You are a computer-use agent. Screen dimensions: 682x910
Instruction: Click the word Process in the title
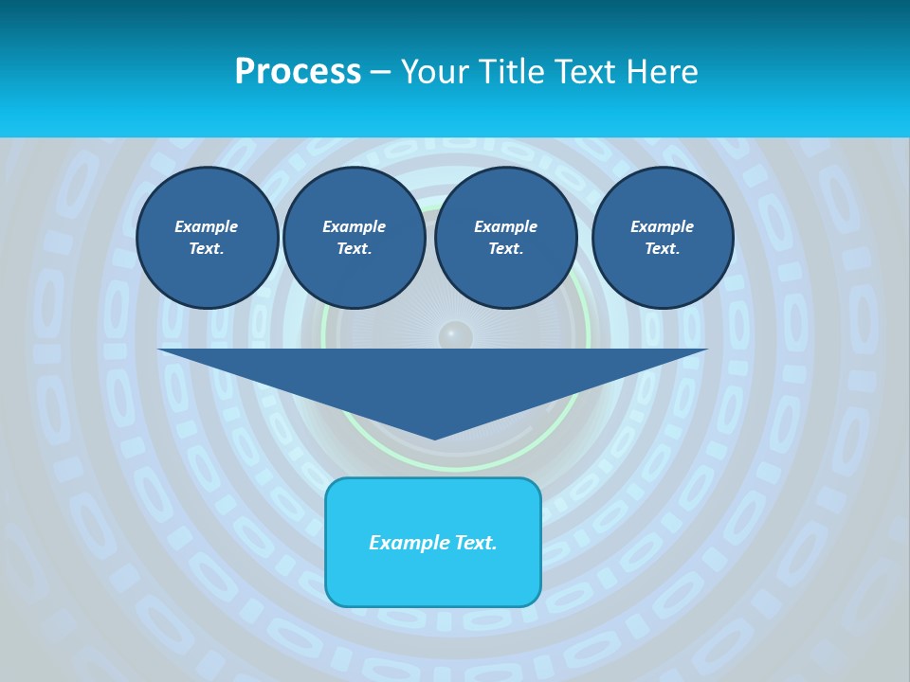point(298,72)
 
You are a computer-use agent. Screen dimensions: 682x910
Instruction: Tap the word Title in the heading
point(514,72)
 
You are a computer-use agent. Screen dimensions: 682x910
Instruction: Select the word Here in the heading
point(664,72)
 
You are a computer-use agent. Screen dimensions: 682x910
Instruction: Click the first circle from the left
point(207,238)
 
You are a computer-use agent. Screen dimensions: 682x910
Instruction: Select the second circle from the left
point(354,238)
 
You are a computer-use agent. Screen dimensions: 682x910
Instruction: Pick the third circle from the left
point(505,238)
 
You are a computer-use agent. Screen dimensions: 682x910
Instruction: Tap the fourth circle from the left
point(662,238)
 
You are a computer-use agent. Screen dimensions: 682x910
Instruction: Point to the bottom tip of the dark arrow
point(434,437)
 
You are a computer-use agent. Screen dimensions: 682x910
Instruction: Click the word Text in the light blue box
point(475,543)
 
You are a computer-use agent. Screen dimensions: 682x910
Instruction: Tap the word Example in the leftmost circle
point(207,226)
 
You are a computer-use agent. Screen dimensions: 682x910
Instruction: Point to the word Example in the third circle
point(505,226)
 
